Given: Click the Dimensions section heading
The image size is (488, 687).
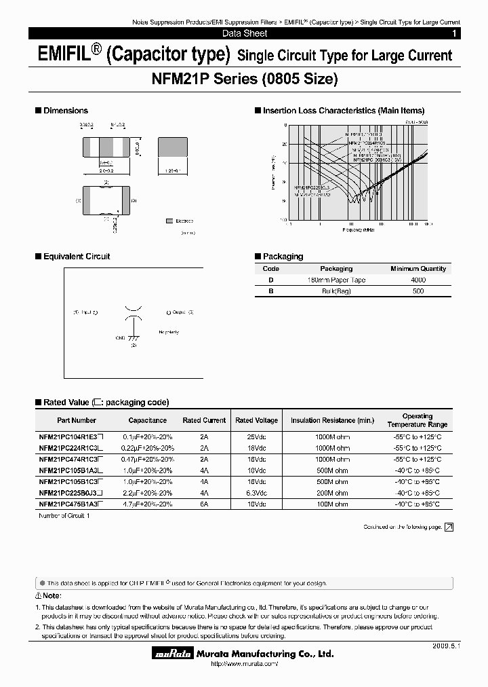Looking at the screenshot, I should [65, 111].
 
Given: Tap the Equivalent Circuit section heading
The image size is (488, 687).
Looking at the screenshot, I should [76, 257].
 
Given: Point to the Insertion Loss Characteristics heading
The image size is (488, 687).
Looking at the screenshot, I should [343, 111].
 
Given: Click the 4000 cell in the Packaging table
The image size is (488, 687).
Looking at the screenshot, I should [418, 280].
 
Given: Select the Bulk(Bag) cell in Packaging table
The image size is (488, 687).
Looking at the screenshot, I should [336, 291].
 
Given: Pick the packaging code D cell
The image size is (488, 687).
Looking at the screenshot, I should [271, 280].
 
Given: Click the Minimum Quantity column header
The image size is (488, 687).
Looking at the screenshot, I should [418, 269].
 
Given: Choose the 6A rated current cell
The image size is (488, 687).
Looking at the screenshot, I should [204, 504].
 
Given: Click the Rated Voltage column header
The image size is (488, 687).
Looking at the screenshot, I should [252, 420].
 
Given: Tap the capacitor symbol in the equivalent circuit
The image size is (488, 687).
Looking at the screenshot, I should [134, 313].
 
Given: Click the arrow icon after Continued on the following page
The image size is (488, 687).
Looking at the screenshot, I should [449, 527].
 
